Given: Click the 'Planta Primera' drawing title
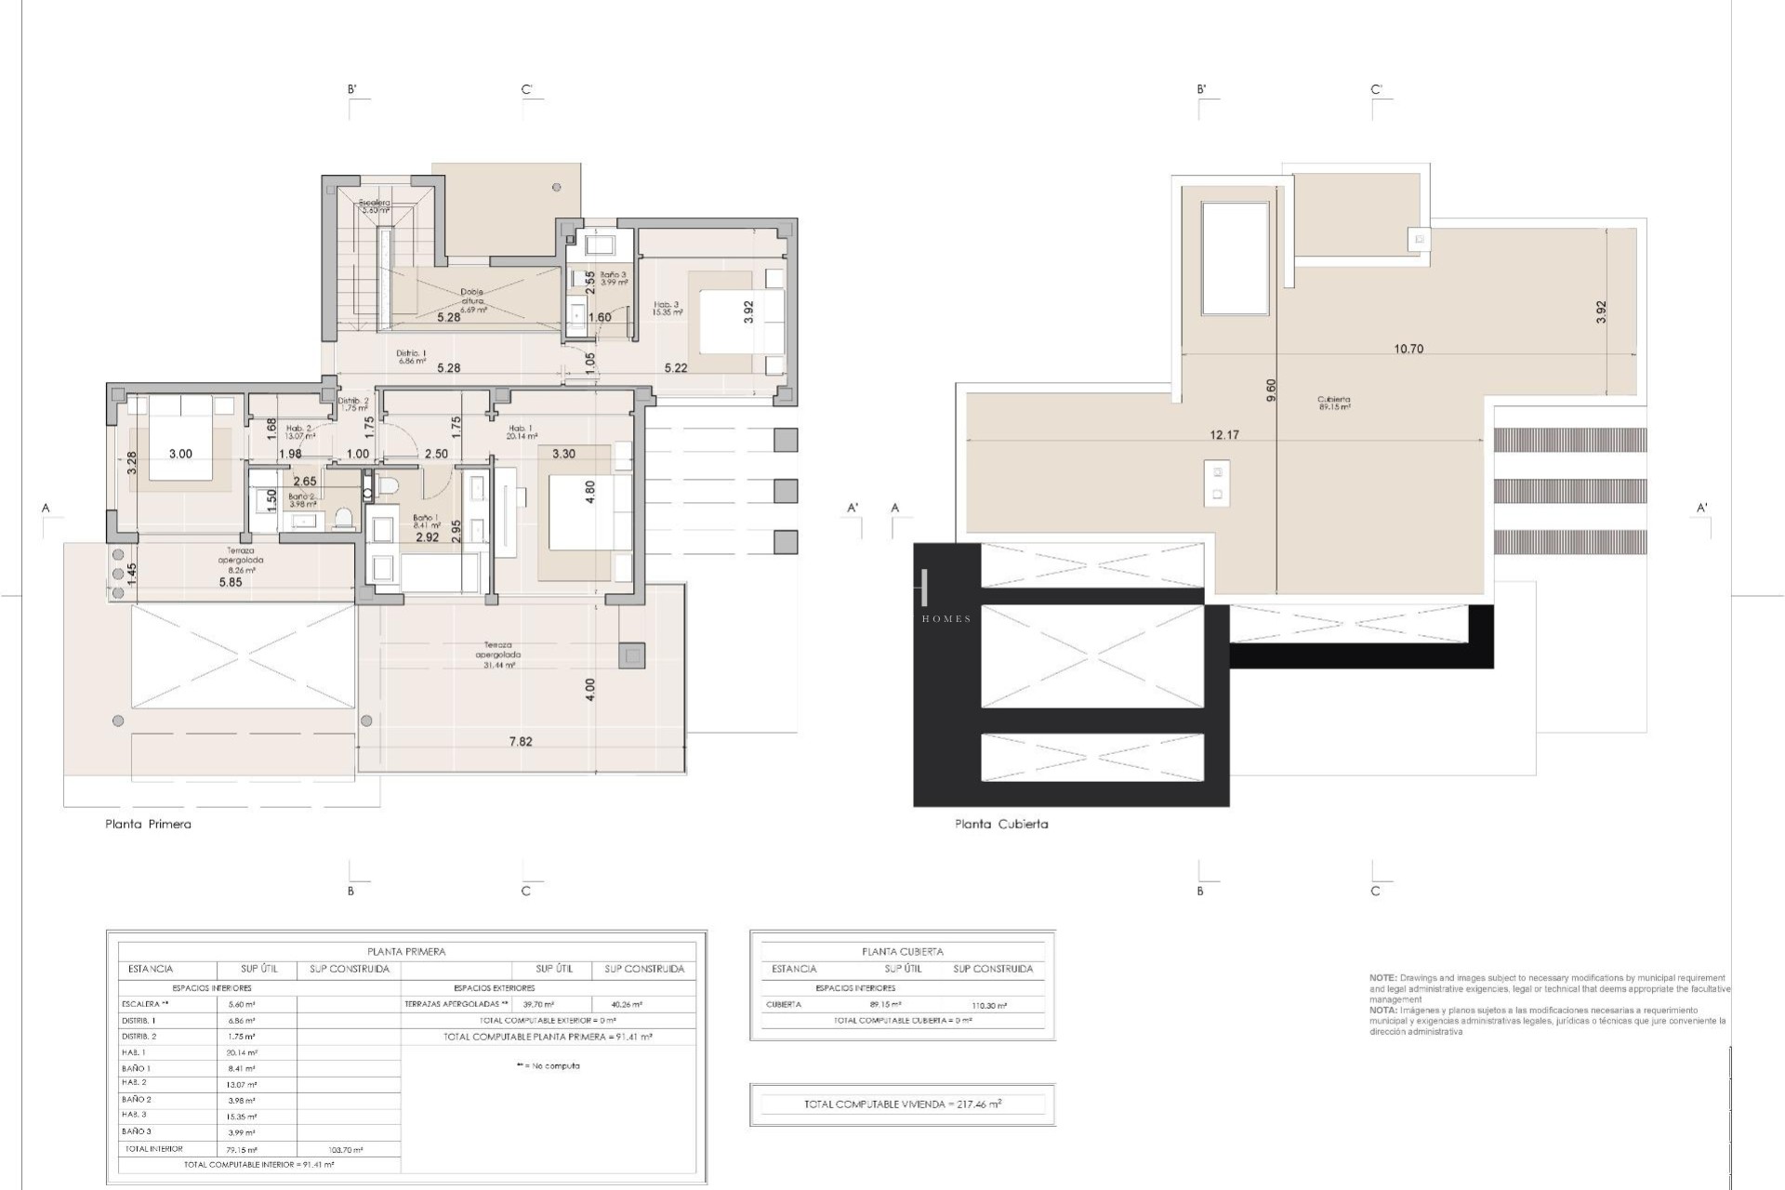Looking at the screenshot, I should pyautogui.click(x=148, y=824).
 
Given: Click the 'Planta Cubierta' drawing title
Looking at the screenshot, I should pyautogui.click(x=1001, y=824).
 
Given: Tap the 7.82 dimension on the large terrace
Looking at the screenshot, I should pyautogui.click(x=521, y=742).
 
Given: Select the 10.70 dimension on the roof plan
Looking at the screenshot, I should pyautogui.click(x=1408, y=350).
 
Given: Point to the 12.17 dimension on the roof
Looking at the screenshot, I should pyautogui.click(x=1224, y=435).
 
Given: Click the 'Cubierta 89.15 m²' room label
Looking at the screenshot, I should pyautogui.click(x=1333, y=403).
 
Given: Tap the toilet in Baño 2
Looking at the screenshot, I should pyautogui.click(x=344, y=517).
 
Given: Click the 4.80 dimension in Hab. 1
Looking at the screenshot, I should pyautogui.click(x=588, y=492).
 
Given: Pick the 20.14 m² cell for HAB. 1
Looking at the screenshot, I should pyautogui.click(x=242, y=1052).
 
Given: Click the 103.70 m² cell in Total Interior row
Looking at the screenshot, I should pyautogui.click(x=346, y=1150).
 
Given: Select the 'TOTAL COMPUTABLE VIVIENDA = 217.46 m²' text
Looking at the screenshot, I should pyautogui.click(x=903, y=1104).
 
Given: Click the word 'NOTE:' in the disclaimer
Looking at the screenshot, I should pyautogui.click(x=1382, y=978).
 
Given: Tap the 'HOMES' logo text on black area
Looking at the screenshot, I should pyautogui.click(x=946, y=619).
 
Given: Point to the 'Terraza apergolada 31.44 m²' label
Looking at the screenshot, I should pyautogui.click(x=497, y=654).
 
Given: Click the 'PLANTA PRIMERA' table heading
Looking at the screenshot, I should pyautogui.click(x=406, y=952).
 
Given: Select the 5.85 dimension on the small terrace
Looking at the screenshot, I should pyautogui.click(x=231, y=583).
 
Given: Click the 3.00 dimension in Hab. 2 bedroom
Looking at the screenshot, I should pyautogui.click(x=180, y=454).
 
